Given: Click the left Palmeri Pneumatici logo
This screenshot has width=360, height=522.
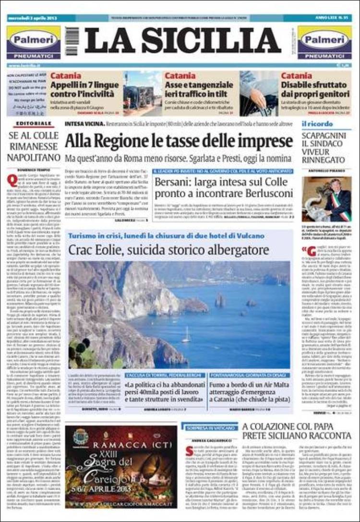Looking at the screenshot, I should pos(34,42).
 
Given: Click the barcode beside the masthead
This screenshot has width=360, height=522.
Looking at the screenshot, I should pos(72,41).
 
